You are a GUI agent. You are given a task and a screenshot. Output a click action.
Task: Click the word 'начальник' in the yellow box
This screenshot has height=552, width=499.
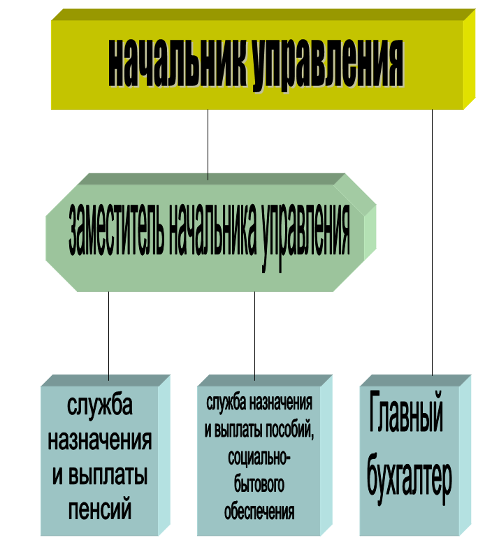point(178,63)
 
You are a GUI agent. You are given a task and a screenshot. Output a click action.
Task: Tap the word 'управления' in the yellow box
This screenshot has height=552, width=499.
point(328,66)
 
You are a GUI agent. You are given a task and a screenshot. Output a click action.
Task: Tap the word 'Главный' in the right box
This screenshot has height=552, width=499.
point(405,411)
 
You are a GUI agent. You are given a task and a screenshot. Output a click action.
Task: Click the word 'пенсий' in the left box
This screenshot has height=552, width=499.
point(100,509)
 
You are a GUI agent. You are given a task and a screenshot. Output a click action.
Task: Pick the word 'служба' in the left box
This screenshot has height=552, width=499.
point(100,405)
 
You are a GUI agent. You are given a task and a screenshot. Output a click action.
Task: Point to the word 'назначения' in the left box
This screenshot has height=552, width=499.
point(100,440)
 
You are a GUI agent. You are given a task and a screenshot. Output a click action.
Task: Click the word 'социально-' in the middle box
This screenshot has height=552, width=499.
point(259,458)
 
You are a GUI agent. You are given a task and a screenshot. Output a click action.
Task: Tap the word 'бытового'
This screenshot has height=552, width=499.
point(259,484)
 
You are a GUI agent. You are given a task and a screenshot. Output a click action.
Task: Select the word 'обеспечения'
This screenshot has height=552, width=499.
point(259,511)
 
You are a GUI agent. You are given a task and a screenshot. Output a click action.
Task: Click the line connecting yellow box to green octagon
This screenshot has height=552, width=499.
point(208,145)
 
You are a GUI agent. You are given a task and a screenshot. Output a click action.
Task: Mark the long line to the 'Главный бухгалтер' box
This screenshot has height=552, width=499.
point(433,242)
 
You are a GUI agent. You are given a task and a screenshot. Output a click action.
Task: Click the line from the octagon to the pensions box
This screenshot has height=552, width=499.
point(108,336)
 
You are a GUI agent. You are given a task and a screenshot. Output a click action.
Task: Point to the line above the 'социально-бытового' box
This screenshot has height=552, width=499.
point(254,336)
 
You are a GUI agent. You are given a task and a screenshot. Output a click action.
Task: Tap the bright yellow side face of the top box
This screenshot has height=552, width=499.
point(470,59)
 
